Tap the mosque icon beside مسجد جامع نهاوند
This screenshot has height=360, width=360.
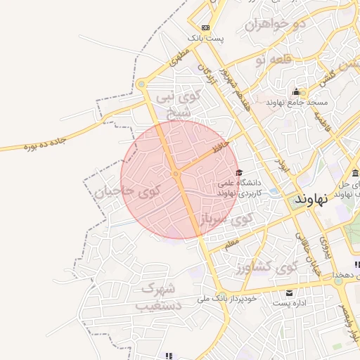click(x=296, y=92)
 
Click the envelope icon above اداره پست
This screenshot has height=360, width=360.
click(x=289, y=292)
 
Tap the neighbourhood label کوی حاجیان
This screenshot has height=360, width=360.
click(x=127, y=189)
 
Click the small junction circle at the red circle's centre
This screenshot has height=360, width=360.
click(x=176, y=173)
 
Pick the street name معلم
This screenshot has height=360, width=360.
click(x=232, y=244)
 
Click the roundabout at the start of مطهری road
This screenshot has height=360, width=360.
click(x=142, y=84)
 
